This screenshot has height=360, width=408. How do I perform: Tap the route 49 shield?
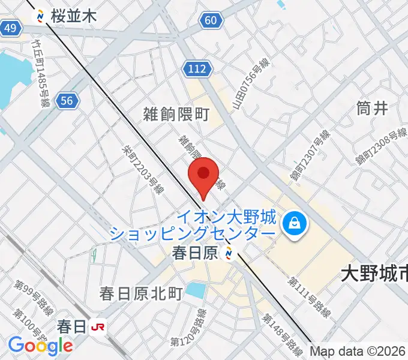tap(10, 28)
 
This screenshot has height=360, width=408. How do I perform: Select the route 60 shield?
tap(209, 21)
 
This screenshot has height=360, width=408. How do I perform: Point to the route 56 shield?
tap(68, 101)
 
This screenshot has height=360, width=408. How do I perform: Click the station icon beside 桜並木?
tap(41, 16)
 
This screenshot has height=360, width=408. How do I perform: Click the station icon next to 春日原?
tap(229, 254)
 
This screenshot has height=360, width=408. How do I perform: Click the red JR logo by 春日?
tap(97, 327)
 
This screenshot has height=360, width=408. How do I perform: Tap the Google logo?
tap(40, 345)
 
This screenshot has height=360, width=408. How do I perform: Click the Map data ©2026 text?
tap(358, 351)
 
